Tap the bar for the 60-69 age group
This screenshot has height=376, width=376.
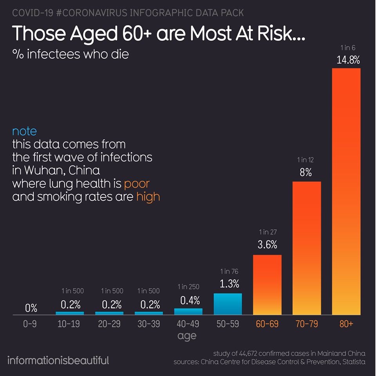pyautogui.click(x=267, y=285)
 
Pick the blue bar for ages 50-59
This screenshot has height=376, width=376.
pyautogui.click(x=228, y=304)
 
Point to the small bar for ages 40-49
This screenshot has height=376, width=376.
pyautogui.click(x=188, y=311)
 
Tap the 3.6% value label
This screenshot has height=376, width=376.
pyautogui.click(x=267, y=245)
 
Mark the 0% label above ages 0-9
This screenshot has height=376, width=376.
pyautogui.click(x=31, y=308)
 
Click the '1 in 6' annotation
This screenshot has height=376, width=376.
pyautogui.click(x=348, y=48)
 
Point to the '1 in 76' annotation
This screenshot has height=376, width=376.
pyautogui.click(x=229, y=271)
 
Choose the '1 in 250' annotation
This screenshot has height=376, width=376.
pyautogui.click(x=188, y=287)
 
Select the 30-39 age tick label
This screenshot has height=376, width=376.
pyautogui.click(x=148, y=324)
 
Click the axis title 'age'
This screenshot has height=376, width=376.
pyautogui.click(x=187, y=336)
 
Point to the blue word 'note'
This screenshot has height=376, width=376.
pyautogui.click(x=24, y=131)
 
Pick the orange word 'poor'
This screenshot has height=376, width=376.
pyautogui.click(x=137, y=183)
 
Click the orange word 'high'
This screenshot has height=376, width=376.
pyautogui.click(x=148, y=196)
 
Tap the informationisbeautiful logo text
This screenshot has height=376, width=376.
pyautogui.click(x=58, y=360)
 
